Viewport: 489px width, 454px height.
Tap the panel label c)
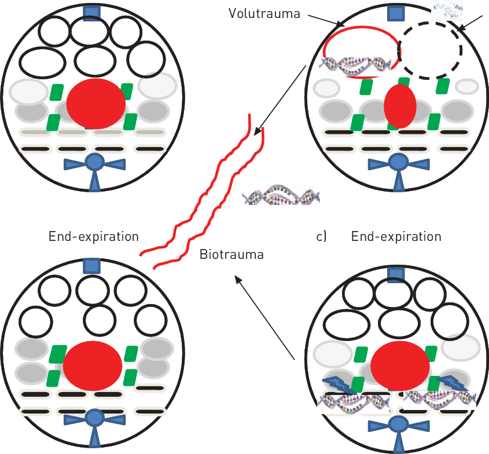[x=322, y=237]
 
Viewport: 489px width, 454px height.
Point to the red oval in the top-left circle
[x=95, y=104]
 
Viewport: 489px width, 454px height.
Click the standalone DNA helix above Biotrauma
[x=281, y=197]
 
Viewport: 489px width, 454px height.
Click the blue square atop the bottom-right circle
[x=396, y=274]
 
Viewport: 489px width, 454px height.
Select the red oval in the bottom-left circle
[x=93, y=365]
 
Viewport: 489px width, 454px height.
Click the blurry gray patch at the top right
[x=447, y=8]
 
